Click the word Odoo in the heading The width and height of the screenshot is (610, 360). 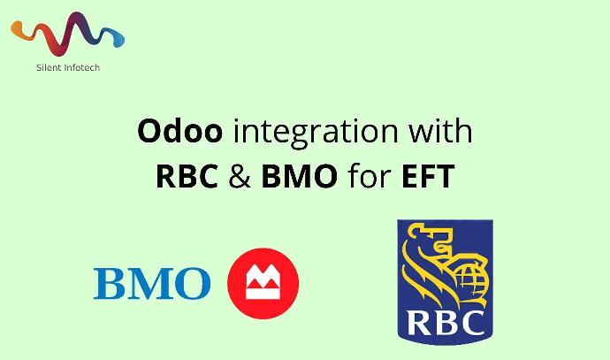tap(181, 133)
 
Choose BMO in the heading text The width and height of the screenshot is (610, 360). tap(299, 176)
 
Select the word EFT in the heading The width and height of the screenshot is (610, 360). tap(428, 176)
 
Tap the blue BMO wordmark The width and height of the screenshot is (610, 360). tap(152, 283)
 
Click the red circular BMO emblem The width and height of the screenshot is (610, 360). tap(263, 283)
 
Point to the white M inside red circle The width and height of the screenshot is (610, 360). tap(263, 283)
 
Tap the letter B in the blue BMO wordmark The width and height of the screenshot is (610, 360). tap(111, 283)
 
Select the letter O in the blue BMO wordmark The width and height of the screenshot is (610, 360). tap(193, 283)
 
